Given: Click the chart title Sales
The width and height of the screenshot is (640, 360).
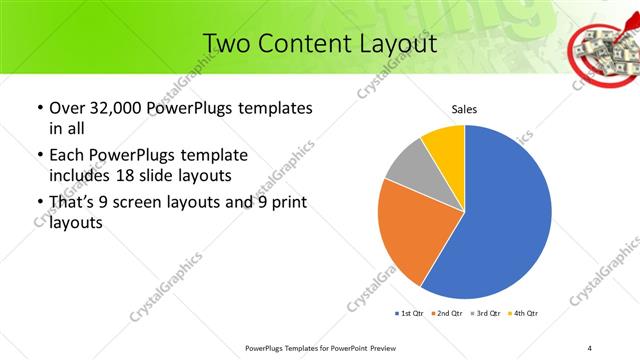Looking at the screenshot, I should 464,109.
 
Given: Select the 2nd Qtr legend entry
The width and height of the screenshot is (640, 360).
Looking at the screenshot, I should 446,313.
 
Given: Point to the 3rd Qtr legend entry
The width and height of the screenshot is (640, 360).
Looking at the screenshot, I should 484,313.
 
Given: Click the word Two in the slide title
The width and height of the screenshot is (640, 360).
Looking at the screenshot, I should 225,44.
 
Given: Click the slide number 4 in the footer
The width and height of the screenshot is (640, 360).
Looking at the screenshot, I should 590,347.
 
